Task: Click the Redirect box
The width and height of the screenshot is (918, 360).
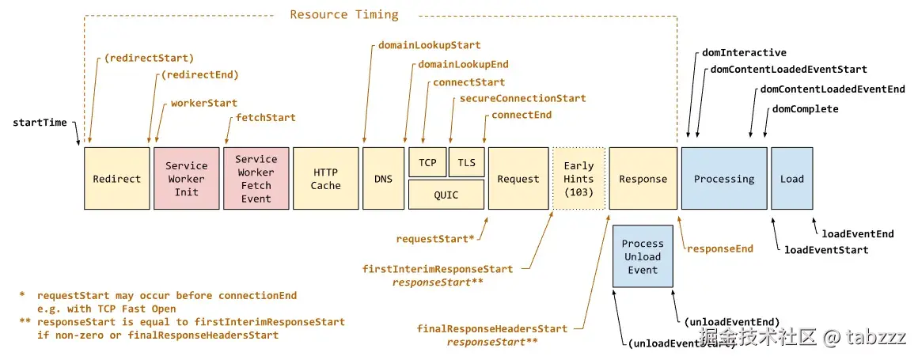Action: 116,178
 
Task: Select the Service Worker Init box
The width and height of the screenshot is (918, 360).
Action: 186,178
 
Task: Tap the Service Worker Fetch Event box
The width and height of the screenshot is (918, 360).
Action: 256,178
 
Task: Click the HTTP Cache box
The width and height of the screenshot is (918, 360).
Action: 325,178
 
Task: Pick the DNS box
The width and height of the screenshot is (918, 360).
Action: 383,178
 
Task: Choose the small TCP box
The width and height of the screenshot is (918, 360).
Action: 427,162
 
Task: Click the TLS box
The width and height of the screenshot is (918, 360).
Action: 466,162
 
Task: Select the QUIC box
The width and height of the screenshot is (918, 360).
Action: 446,194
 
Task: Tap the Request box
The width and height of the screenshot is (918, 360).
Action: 518,178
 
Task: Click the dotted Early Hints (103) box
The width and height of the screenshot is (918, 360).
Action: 578,178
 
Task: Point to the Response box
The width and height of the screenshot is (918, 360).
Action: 643,178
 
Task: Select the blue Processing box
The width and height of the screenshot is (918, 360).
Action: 723,178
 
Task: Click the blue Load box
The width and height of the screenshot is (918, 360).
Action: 791,178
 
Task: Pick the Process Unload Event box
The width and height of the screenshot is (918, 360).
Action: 643,256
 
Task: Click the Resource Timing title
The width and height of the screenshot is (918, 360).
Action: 343,14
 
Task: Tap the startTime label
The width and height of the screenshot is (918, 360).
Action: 40,123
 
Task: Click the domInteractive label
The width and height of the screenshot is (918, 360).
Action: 744,53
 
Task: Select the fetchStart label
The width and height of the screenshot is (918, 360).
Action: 266,118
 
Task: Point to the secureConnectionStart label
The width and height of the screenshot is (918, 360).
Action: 522,99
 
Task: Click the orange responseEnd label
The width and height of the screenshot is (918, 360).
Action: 719,248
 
